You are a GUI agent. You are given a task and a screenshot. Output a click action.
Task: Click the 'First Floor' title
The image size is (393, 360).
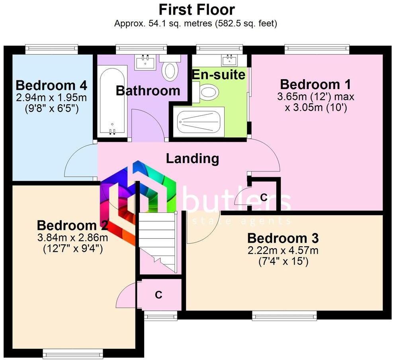(197, 9)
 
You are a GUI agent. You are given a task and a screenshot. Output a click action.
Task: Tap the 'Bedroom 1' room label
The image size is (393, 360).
(315, 84)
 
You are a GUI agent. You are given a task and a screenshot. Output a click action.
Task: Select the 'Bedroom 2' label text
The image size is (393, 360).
(72, 226)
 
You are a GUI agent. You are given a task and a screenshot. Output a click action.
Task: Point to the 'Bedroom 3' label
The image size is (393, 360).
(283, 238)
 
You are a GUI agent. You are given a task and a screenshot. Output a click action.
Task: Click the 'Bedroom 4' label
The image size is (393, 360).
(51, 85)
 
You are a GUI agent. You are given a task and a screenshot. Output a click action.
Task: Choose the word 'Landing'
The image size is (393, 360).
(192, 158)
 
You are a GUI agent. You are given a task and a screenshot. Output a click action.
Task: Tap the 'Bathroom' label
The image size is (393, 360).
(148, 90)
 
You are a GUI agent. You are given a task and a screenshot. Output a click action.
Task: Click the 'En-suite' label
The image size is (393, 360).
(219, 74)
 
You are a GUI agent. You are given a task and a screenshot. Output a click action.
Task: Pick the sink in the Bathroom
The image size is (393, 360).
(145, 62)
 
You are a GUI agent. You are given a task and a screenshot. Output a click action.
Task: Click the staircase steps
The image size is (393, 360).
(157, 241)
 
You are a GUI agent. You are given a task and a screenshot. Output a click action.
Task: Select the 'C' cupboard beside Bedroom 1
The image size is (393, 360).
(263, 197)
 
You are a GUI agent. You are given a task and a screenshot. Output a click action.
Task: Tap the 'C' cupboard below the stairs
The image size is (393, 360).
(158, 295)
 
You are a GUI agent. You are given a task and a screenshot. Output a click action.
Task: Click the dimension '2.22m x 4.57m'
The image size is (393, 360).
(283, 251)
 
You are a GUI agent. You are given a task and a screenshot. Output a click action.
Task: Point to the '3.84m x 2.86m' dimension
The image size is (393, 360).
(72, 238)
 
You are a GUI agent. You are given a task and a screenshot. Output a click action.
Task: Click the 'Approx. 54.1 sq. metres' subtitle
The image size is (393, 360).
(196, 23)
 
